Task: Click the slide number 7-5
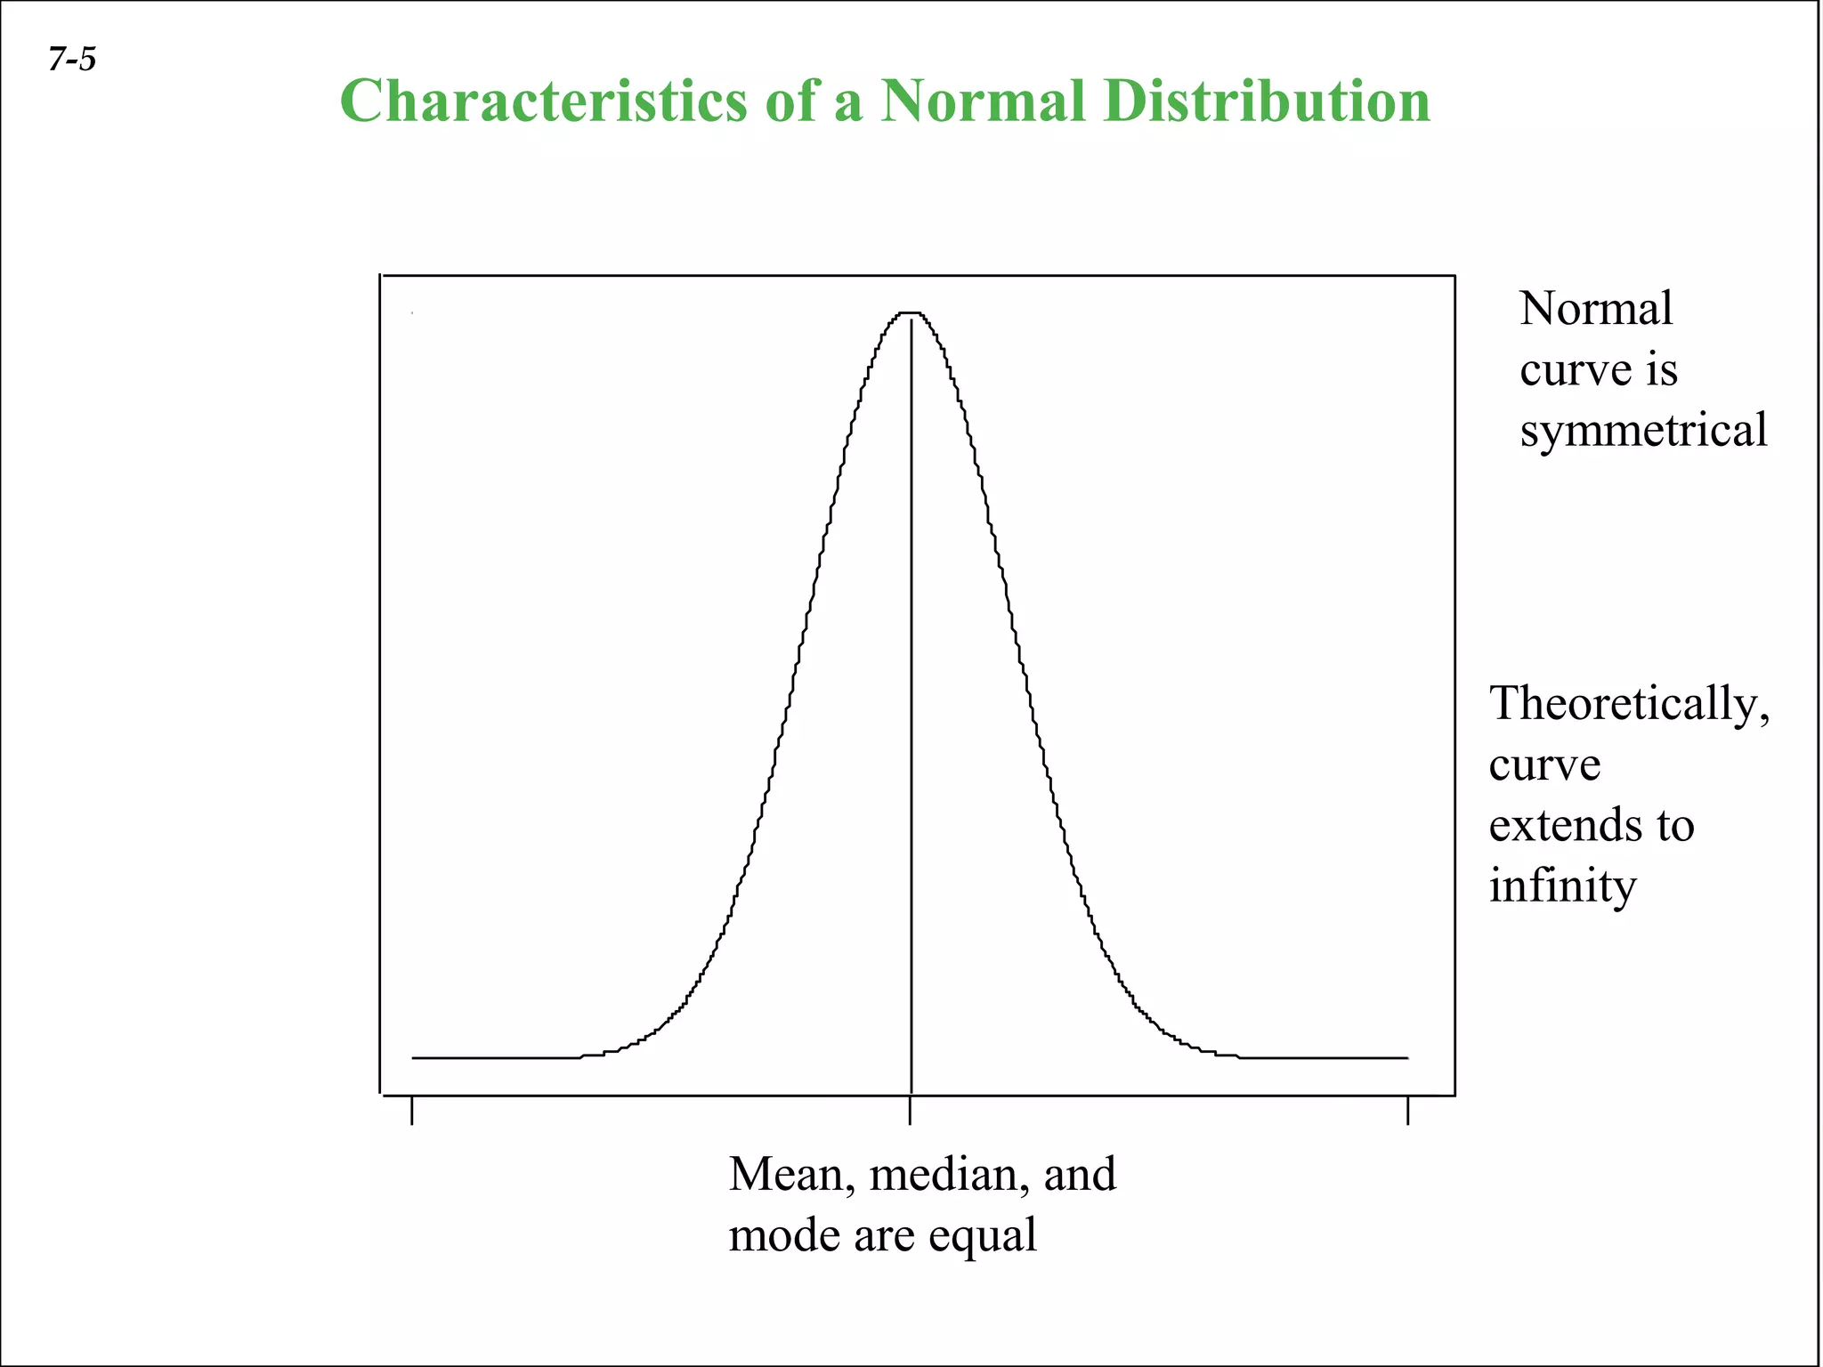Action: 72,60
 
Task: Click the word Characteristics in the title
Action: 543,101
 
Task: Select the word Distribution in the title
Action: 1266,101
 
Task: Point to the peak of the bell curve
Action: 911,313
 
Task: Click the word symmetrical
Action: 1643,431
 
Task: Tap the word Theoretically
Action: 1629,703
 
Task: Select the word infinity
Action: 1562,886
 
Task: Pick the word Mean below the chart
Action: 786,1175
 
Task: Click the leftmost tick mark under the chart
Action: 412,1111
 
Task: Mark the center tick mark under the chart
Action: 910,1111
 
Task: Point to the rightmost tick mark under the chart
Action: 1407,1111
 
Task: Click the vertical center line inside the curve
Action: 911,712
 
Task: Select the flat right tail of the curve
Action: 1326,1057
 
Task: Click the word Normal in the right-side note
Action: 1596,309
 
